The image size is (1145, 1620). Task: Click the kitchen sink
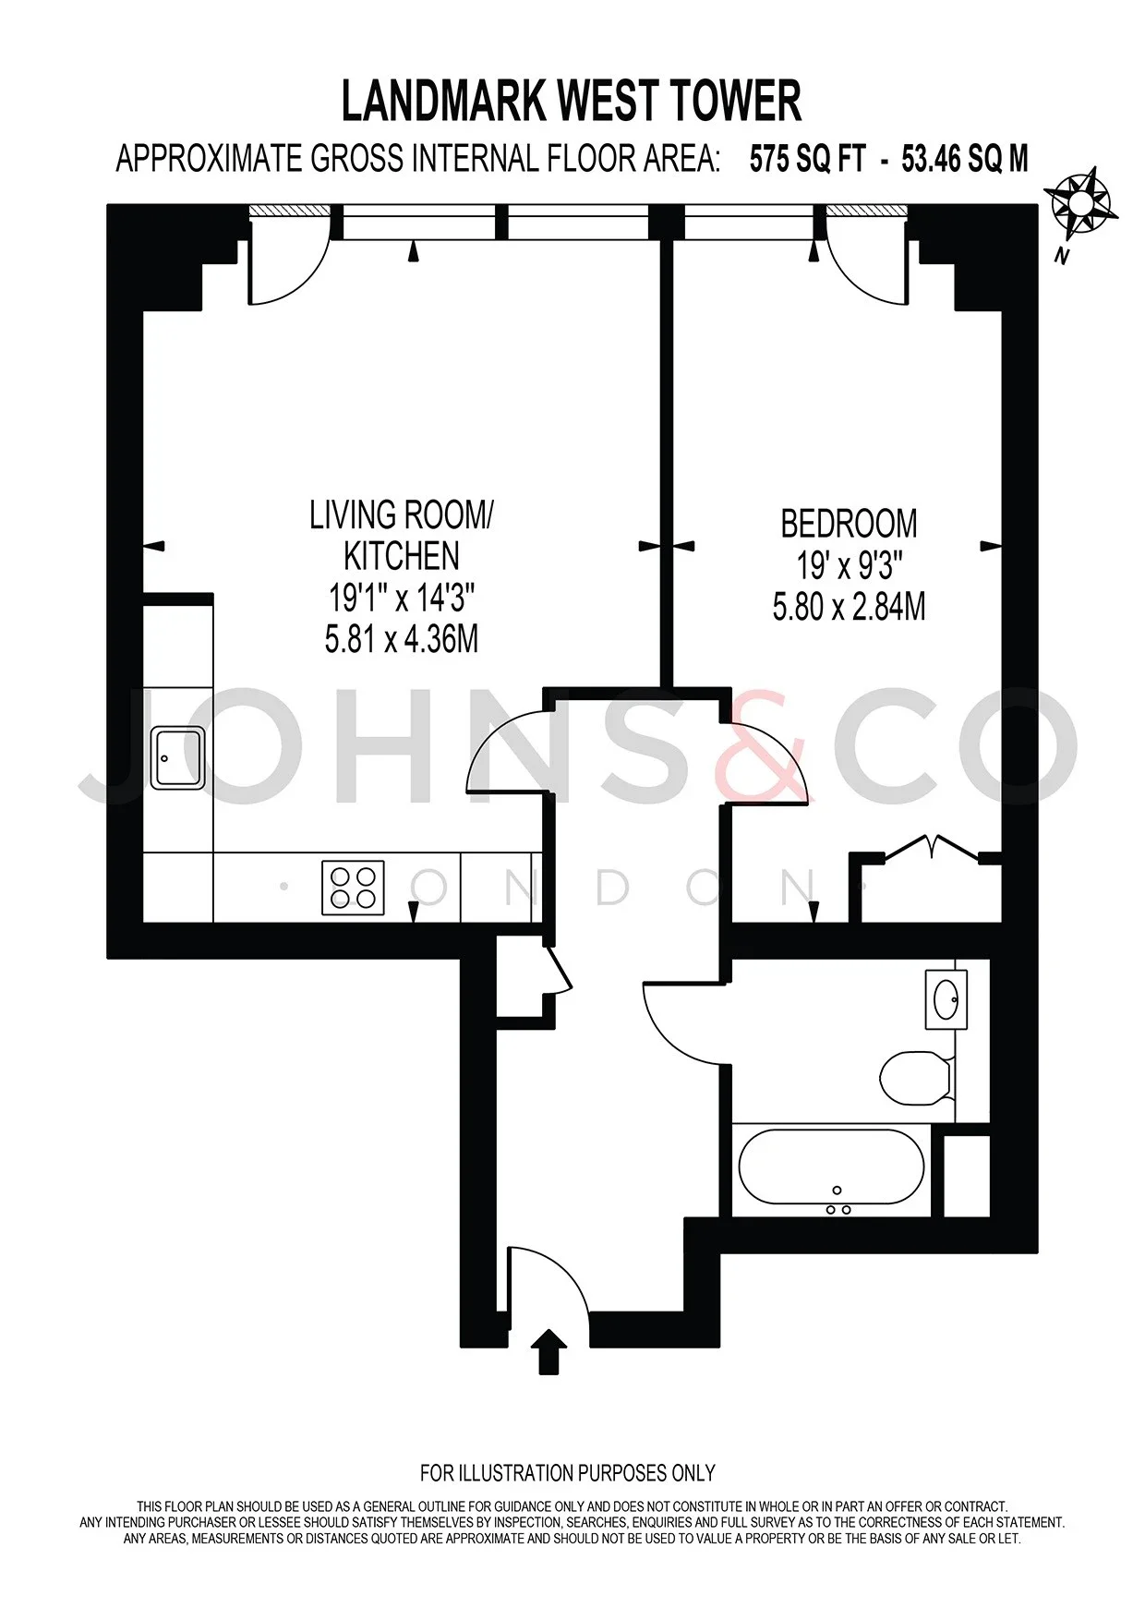click(x=178, y=757)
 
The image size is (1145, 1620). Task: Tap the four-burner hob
click(x=353, y=888)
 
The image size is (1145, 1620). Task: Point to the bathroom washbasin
click(x=946, y=999)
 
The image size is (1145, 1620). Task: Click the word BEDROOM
click(x=849, y=524)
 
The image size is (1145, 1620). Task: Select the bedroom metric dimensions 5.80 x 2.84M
click(x=849, y=607)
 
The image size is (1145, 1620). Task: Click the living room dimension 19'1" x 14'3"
click(x=402, y=598)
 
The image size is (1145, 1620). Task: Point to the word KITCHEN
click(x=402, y=556)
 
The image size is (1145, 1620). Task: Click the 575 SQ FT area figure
click(x=808, y=159)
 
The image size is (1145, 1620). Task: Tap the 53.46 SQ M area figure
click(x=965, y=159)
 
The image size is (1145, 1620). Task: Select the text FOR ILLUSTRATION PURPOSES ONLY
click(x=568, y=1473)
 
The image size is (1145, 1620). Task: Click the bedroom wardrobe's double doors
click(x=933, y=844)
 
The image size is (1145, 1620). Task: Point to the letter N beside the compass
click(x=1062, y=257)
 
